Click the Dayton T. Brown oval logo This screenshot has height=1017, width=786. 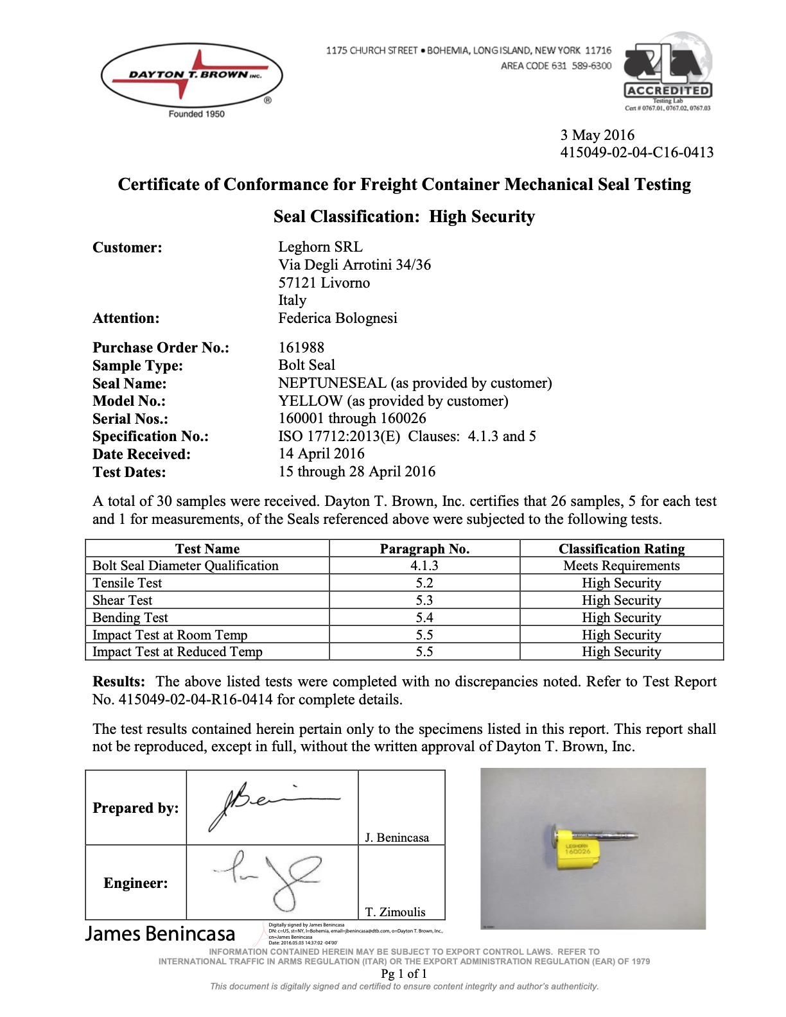click(191, 76)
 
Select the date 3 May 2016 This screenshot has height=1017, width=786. click(597, 135)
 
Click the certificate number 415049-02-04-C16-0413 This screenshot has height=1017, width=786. click(636, 152)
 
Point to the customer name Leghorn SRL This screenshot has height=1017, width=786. click(320, 247)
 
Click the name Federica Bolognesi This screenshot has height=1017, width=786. click(337, 318)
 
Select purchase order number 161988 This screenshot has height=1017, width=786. click(301, 347)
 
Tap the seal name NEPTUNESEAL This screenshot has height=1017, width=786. click(332, 383)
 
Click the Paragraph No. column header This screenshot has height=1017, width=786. click(424, 549)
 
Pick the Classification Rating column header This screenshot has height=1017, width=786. click(621, 549)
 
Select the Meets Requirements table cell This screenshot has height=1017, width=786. click(621, 566)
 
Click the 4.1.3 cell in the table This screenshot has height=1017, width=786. click(424, 566)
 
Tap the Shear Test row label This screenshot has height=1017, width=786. click(123, 600)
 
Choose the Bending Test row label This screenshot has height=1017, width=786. click(130, 618)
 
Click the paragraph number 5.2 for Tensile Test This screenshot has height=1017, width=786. click(424, 583)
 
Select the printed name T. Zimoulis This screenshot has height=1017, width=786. click(396, 912)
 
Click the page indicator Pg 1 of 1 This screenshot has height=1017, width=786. click(404, 973)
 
